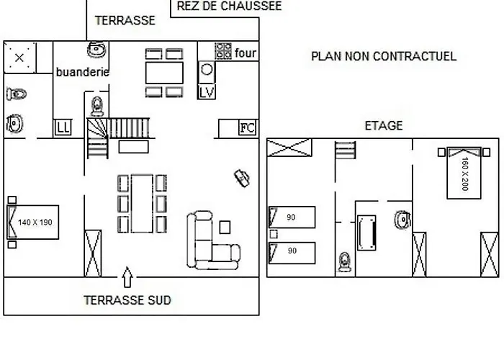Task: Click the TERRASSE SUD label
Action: (127, 300)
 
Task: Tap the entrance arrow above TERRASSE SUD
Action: (127, 277)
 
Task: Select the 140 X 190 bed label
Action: (35, 222)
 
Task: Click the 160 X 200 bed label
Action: (465, 174)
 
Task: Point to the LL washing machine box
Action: (63, 127)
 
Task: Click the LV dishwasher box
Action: (207, 92)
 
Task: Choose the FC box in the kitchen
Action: (248, 128)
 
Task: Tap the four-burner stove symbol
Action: (223, 51)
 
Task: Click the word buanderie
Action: (83, 72)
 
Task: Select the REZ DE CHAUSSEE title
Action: (229, 6)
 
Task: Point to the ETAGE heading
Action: (384, 125)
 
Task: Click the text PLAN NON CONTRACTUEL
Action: (384, 56)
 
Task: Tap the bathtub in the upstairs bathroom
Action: (366, 233)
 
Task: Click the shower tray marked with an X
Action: (19, 58)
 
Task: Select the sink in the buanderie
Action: (96, 50)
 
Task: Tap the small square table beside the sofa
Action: (225, 228)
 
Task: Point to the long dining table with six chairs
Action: (142, 204)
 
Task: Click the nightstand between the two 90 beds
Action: (274, 234)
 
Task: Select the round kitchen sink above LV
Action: (207, 70)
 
